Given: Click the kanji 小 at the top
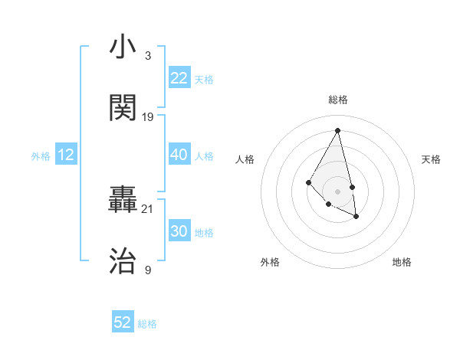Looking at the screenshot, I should point(123,48).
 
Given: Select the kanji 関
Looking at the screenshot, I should point(123,108).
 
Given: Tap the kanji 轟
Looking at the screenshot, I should point(123,201).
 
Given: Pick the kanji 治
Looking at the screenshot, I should point(123,261).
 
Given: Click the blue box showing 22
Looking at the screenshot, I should point(179,78).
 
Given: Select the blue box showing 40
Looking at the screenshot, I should point(179,155).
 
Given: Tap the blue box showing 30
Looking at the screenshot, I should point(179,231).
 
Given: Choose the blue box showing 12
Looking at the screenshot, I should point(66,155).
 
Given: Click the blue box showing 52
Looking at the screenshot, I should point(123,322).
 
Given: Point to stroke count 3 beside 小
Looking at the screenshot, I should point(147,56).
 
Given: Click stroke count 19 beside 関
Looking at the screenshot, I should point(148,117).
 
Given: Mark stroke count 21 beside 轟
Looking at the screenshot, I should point(148,209).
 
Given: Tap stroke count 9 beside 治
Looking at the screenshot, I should point(147,270).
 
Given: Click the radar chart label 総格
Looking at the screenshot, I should point(338,100).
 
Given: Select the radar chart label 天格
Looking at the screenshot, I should point(432,159).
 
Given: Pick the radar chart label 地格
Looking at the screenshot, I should point(402,262).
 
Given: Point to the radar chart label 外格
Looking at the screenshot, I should point(270,262).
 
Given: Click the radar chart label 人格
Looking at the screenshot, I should point(245,159).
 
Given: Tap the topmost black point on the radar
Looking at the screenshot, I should point(338,129).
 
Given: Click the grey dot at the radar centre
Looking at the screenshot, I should point(338,191).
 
